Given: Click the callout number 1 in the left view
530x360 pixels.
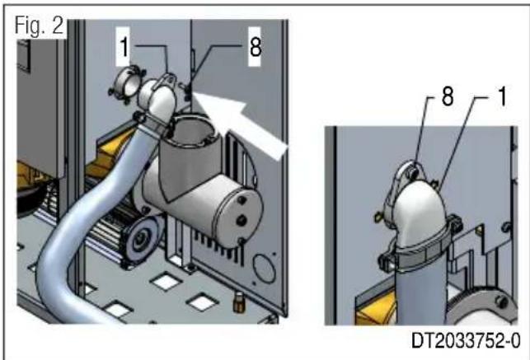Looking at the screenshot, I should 122,49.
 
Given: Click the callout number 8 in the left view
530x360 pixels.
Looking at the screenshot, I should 255,47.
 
